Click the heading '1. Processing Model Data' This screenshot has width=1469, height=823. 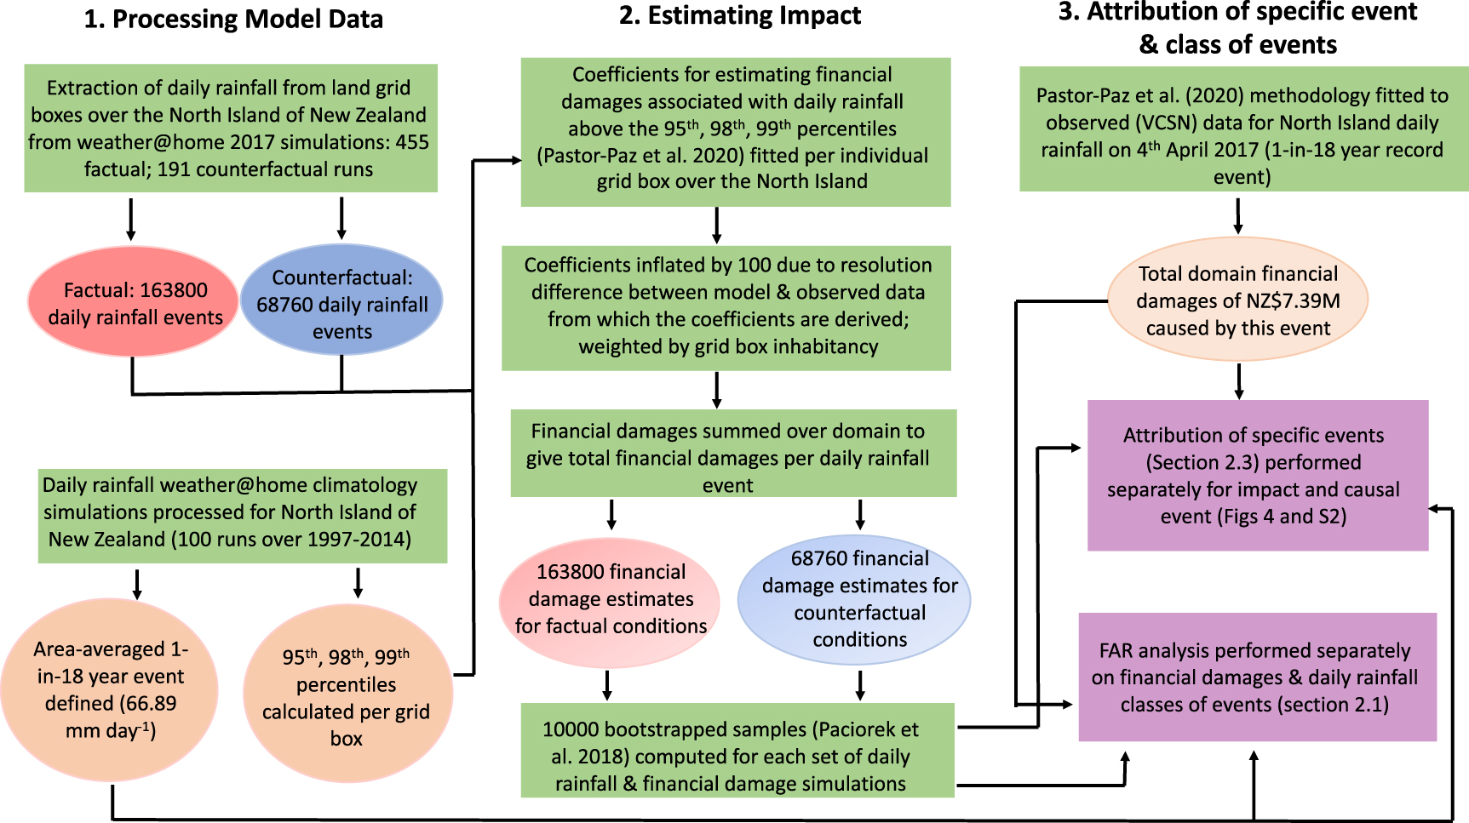[x=233, y=20]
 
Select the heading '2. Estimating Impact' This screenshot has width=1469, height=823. [x=739, y=16]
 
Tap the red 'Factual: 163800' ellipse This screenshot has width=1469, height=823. [x=133, y=303]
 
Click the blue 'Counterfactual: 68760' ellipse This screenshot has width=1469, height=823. [x=341, y=303]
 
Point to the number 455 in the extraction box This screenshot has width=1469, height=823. [x=411, y=142]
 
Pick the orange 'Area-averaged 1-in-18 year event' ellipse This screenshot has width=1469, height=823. [x=110, y=690]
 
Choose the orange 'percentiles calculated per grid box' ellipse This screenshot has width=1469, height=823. [x=347, y=696]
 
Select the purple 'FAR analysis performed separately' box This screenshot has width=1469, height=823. [x=1256, y=677]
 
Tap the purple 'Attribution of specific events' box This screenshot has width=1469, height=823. [x=1256, y=476]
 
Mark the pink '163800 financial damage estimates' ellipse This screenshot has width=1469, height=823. [x=610, y=599]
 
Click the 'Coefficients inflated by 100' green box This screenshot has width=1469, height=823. [x=726, y=306]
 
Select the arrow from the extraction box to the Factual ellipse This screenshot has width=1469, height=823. [x=130, y=219]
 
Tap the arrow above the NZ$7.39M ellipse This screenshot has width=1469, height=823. [x=1237, y=216]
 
